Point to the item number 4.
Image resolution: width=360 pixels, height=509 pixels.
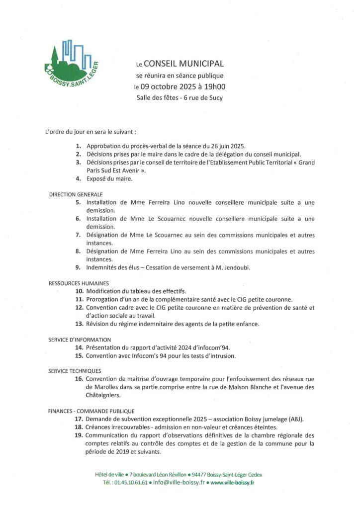click(78, 178)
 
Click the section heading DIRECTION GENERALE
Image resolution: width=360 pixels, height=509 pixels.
click(76, 194)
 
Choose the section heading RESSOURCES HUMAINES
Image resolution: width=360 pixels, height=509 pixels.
click(79, 283)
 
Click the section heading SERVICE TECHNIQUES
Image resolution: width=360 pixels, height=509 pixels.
click(75, 371)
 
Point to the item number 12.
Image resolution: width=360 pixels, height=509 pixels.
click(79, 307)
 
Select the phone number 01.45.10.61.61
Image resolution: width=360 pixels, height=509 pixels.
click(131, 483)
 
